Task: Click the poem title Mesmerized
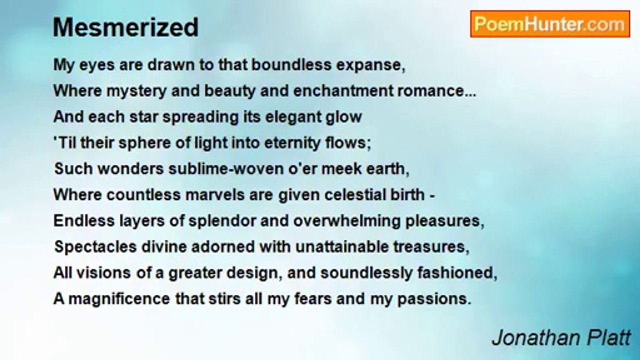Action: (125, 27)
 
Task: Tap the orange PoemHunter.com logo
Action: (550, 24)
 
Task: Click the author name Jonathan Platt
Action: (561, 337)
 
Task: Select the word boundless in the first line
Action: (291, 64)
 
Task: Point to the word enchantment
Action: (343, 91)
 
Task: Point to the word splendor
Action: (222, 221)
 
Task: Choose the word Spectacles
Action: (95, 247)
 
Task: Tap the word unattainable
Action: (342, 246)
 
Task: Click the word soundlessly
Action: (366, 273)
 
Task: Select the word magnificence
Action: (119, 299)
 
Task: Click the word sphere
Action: (145, 143)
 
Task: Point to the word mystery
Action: (136, 91)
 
